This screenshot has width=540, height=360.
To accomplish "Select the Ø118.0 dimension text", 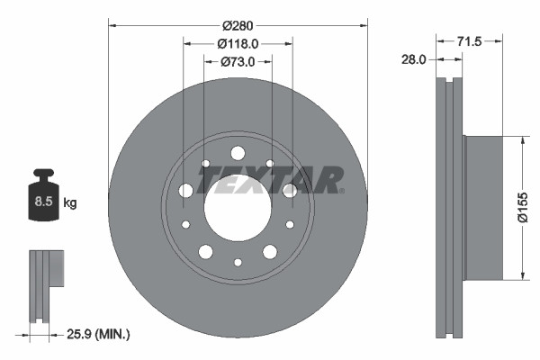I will (x=238, y=43).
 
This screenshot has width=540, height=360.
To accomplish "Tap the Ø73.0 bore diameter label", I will (x=238, y=62).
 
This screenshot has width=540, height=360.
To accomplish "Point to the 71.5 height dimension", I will (x=469, y=41).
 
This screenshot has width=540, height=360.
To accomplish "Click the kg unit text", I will (x=70, y=202).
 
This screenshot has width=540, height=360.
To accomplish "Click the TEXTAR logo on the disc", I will (x=270, y=180).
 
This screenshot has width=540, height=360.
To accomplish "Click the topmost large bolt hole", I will (x=238, y=153).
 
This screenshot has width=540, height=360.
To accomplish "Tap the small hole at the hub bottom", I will (x=238, y=262).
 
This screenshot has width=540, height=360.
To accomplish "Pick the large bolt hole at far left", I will (x=185, y=190).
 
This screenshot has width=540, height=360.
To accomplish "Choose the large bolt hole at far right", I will (x=290, y=190).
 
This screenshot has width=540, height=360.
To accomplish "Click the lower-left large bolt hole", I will (x=205, y=251).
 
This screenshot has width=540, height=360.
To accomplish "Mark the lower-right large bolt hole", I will (x=270, y=251).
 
